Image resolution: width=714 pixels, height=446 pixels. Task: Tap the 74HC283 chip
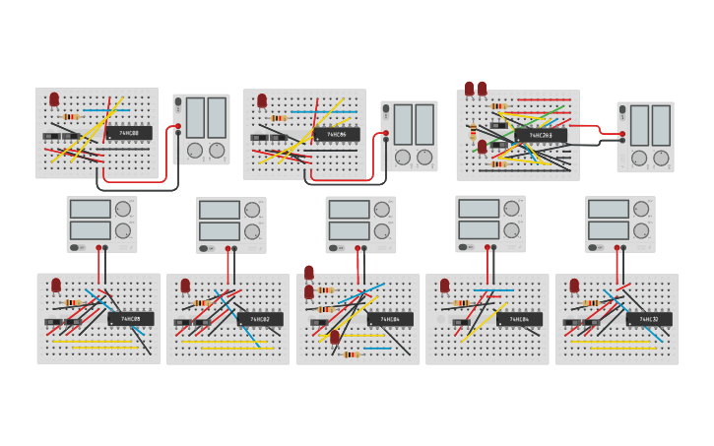pyautogui.click(x=548, y=135)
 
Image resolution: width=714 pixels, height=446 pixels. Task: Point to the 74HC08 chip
pyautogui.click(x=135, y=318)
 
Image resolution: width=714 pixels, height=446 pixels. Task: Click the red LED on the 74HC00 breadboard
pyautogui.click(x=54, y=99)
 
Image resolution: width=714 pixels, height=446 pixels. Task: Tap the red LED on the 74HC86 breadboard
pyautogui.click(x=262, y=100)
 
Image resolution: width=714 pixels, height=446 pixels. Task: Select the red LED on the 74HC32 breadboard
pyautogui.click(x=574, y=286)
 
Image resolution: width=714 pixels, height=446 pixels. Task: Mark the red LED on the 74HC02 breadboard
pyautogui.click(x=185, y=286)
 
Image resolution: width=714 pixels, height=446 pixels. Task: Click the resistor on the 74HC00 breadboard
pyautogui.click(x=72, y=116)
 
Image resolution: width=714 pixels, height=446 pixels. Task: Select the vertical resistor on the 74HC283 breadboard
pyautogui.click(x=474, y=132)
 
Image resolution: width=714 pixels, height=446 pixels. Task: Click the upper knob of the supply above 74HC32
pyautogui.click(x=642, y=209)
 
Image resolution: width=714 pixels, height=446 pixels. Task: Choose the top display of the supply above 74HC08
pyautogui.click(x=89, y=209)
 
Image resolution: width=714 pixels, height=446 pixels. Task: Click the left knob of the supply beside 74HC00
pyautogui.click(x=195, y=151)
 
